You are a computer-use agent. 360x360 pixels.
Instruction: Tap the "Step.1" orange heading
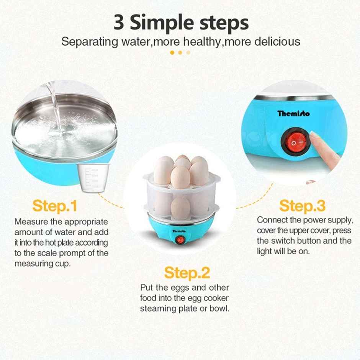tap(54, 206)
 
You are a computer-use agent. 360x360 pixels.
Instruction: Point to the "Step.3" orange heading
tap(302, 206)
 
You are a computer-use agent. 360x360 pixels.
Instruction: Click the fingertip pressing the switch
tap(315, 136)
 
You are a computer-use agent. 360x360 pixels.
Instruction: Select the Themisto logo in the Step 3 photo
tap(294, 113)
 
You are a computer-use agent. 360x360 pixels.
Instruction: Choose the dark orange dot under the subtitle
tap(172, 52)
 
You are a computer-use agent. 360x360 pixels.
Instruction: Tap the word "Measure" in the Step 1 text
tap(30, 222)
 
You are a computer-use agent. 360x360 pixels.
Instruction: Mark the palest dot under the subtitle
tap(188, 52)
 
